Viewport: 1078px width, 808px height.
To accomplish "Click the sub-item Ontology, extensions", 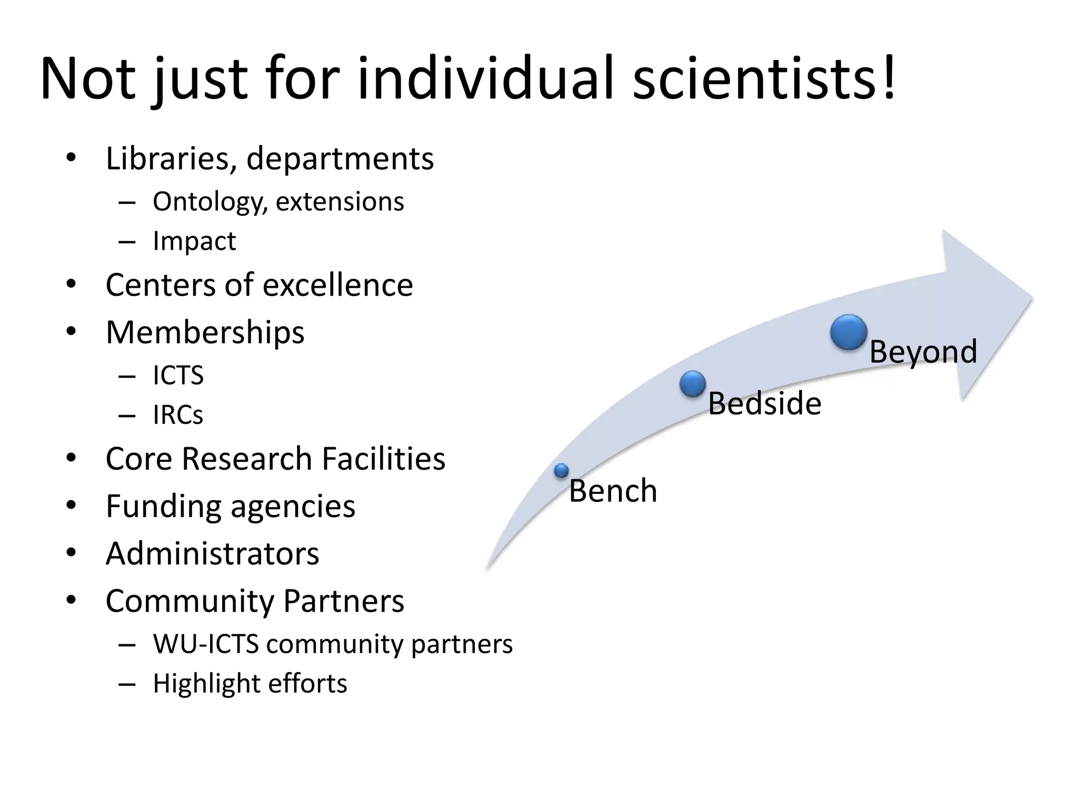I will pyautogui.click(x=278, y=202).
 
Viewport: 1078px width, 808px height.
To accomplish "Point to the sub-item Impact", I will pyautogui.click(x=194, y=241).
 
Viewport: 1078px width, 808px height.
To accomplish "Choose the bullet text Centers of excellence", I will pyautogui.click(x=259, y=285).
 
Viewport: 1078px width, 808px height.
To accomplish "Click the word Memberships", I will pyautogui.click(x=205, y=332).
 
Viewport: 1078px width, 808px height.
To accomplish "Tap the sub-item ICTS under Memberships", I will pyautogui.click(x=178, y=376).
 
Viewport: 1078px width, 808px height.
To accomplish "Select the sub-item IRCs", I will pyautogui.click(x=178, y=415).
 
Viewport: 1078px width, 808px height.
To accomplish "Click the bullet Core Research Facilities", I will pyautogui.click(x=275, y=459).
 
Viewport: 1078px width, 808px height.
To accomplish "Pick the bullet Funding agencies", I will pyautogui.click(x=230, y=506).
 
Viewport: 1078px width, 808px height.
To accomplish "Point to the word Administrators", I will pyautogui.click(x=212, y=553).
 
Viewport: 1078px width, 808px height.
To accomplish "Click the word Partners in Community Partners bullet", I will pyautogui.click(x=344, y=601).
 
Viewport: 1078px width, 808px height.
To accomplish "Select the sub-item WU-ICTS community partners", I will pyautogui.click(x=332, y=644).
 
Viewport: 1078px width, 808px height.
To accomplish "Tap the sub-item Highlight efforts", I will pyautogui.click(x=249, y=684).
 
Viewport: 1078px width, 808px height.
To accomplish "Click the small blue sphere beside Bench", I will pyautogui.click(x=562, y=470).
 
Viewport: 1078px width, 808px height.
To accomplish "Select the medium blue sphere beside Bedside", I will pyautogui.click(x=693, y=383).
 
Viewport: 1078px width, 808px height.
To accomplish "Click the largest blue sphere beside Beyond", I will pyautogui.click(x=849, y=332).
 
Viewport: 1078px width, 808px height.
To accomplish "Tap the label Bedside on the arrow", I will pyautogui.click(x=764, y=404).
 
